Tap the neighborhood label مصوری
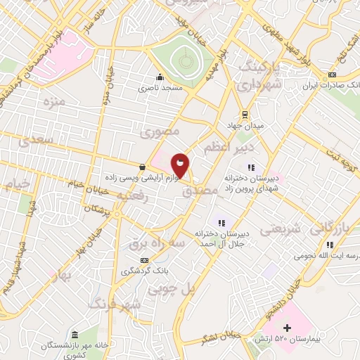pyautogui.click(x=160, y=131)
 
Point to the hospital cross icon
pyautogui.click(x=287, y=328)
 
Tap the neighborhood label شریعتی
pyautogui.click(x=281, y=229)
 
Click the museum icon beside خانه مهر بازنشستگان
pyautogui.click(x=75, y=334)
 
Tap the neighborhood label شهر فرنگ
pyautogui.click(x=114, y=304)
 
